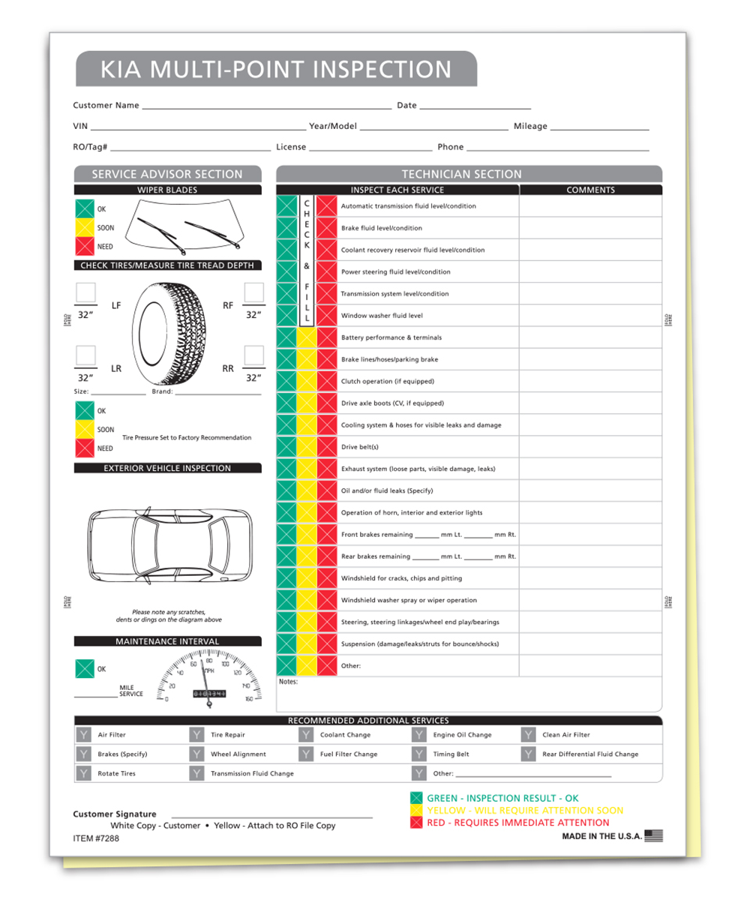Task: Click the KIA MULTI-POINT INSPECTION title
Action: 276,69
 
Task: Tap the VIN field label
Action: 79,127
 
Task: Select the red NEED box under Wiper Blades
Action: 85,246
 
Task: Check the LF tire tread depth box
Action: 85,292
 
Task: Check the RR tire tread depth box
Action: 254,355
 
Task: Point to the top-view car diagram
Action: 170,544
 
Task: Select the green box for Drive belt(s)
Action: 286,447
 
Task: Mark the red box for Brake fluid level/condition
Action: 326,228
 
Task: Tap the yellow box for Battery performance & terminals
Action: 306,337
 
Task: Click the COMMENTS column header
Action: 590,190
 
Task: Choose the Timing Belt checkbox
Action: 418,754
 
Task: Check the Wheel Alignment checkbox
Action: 196,754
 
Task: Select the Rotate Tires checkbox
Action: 83,773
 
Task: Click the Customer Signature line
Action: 271,816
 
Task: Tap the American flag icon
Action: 654,835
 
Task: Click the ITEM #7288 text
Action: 96,838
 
